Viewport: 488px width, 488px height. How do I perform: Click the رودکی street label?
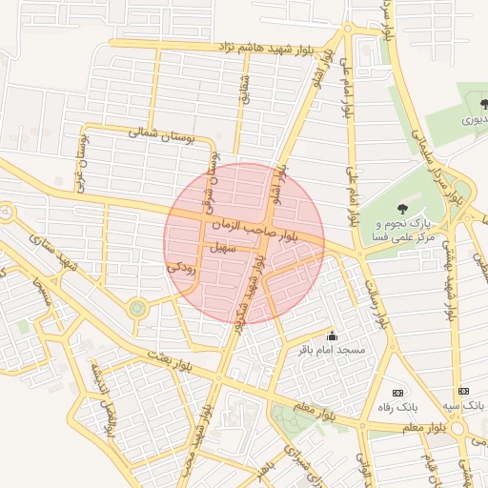[x=181, y=269]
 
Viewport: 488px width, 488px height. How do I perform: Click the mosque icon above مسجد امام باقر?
[x=332, y=335]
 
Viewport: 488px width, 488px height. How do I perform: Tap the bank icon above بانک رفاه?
[x=397, y=393]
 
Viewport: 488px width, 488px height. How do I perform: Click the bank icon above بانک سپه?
[x=464, y=391]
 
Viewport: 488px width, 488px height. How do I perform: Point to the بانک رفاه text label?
[x=399, y=408]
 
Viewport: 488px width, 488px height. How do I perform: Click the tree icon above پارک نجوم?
[x=400, y=207]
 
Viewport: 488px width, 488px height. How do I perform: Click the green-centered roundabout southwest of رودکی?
[x=138, y=308]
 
